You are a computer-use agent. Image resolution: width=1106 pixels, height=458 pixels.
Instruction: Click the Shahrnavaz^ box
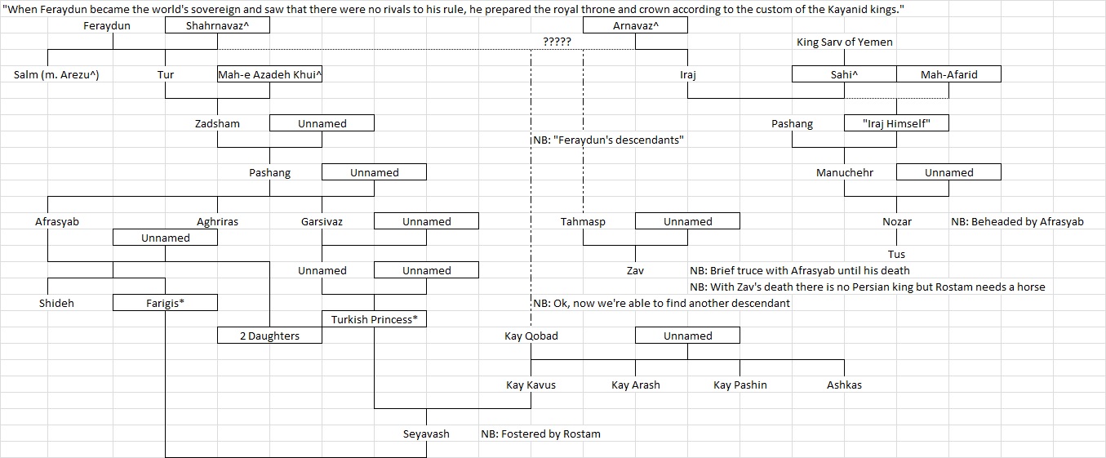point(217,25)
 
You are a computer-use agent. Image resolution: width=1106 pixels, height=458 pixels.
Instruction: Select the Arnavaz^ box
point(635,25)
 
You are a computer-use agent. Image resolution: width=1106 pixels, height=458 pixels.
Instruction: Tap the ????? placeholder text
point(557,42)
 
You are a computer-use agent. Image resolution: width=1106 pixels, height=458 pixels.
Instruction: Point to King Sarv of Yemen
point(844,42)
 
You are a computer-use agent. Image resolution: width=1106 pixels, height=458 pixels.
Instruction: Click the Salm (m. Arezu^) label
point(51,74)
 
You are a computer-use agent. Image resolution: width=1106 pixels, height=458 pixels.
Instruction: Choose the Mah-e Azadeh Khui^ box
point(269,74)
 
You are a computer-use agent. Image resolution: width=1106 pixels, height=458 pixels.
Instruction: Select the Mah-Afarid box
point(948,74)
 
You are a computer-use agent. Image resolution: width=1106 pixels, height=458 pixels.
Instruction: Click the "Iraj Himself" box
point(896,123)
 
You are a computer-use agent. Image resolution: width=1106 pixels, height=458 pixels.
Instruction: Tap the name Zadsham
point(217,123)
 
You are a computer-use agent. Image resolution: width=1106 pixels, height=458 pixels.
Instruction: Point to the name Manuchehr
point(844,172)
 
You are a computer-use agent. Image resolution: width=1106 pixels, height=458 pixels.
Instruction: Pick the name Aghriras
point(217,221)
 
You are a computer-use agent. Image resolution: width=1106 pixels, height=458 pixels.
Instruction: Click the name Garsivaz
point(322,221)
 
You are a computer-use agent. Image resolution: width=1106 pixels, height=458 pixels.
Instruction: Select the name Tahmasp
point(583,221)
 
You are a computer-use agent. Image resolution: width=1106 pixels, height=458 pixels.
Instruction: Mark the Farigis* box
point(165,303)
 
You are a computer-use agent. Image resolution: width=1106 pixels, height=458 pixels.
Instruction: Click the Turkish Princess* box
point(374,319)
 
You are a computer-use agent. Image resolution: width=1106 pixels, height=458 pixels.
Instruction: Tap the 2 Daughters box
point(269,336)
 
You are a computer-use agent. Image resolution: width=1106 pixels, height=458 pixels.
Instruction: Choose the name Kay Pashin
point(740,385)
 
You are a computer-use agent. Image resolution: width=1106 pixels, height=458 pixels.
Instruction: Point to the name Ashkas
point(844,385)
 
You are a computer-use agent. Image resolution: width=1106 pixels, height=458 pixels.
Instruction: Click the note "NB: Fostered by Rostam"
point(540,434)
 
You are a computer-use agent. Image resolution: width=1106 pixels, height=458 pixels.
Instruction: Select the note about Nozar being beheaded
point(1017,221)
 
